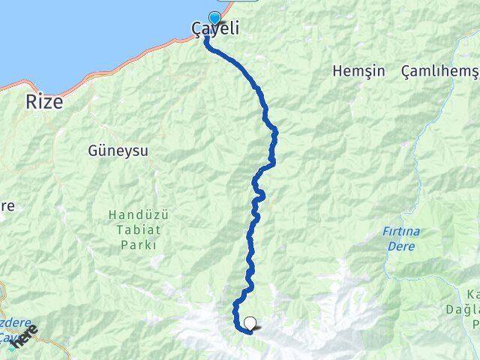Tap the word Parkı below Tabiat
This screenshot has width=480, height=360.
pos(139,245)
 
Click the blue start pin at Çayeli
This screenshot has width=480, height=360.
pos(214,18)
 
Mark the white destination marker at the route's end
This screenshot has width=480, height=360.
pos(250,324)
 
